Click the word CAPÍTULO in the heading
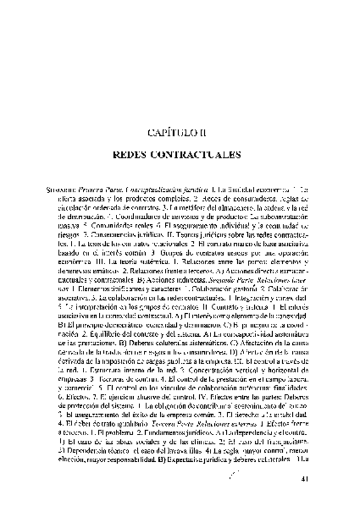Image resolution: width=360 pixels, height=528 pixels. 165,131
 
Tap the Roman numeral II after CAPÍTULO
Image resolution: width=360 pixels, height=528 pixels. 197,131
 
